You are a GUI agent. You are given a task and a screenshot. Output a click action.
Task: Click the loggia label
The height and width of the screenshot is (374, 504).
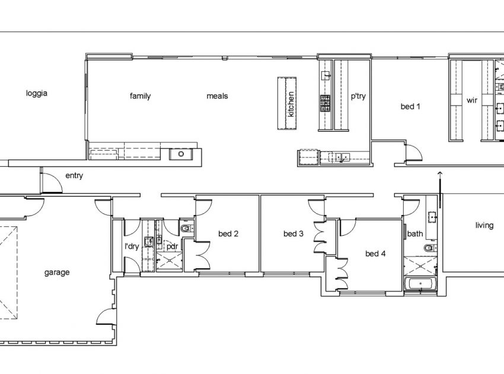(x=37, y=93)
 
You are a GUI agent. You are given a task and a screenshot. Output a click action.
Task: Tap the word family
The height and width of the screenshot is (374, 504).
(x=140, y=96)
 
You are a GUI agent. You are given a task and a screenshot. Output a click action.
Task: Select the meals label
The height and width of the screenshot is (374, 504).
(x=217, y=96)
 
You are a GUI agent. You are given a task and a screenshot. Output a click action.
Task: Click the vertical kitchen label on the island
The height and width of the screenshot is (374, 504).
(x=291, y=104)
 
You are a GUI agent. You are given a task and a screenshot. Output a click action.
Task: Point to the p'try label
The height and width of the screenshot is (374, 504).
(x=358, y=96)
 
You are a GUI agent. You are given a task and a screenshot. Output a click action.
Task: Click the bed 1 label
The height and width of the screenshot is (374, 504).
(x=410, y=106)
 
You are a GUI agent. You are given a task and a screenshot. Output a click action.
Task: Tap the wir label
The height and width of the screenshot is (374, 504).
(x=472, y=100)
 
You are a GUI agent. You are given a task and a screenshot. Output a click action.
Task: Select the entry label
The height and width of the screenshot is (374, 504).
(x=74, y=176)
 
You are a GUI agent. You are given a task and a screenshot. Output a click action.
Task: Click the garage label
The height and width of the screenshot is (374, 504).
(x=57, y=272)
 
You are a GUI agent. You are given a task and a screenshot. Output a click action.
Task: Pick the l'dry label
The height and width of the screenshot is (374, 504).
(x=132, y=246)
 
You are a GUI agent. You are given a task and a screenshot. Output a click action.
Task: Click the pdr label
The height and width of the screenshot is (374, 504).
(x=173, y=247)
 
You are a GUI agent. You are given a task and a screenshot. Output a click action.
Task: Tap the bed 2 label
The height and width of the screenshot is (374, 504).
(x=228, y=234)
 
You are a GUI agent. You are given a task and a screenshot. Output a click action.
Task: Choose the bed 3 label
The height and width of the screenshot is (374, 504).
(x=294, y=234)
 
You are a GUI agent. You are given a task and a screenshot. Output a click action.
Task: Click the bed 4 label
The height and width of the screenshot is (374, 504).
(x=375, y=253)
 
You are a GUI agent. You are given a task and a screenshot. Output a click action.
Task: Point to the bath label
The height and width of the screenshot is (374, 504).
(x=415, y=234)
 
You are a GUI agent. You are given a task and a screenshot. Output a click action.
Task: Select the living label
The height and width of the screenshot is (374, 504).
(x=484, y=226)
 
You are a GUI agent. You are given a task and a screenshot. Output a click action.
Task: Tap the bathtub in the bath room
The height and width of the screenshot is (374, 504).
(x=421, y=284)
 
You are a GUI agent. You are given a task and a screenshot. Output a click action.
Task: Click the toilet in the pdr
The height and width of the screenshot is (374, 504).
(x=186, y=229)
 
